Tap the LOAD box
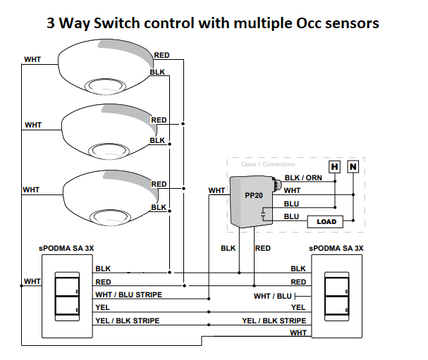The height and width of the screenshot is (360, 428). [326, 221]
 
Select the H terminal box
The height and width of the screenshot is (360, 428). [334, 166]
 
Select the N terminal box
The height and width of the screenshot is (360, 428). [353, 166]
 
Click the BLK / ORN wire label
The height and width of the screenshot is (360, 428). [302, 178]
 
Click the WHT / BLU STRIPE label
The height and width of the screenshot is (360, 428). [129, 294]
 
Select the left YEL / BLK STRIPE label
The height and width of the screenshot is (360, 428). [127, 321]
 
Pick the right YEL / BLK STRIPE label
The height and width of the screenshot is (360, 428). [274, 321]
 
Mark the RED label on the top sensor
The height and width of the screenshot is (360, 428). [161, 55]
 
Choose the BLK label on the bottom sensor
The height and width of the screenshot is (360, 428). [159, 207]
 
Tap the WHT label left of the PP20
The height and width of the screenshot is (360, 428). [216, 190]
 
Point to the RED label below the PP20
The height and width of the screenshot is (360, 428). [262, 248]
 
